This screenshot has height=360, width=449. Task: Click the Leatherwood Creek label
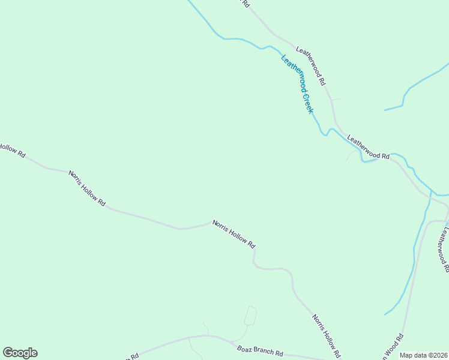297,84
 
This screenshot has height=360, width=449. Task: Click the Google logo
20,353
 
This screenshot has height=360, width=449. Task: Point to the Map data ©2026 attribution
423,355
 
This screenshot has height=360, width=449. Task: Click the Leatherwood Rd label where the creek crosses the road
368,147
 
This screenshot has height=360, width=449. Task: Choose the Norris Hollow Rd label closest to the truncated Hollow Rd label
87,188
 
